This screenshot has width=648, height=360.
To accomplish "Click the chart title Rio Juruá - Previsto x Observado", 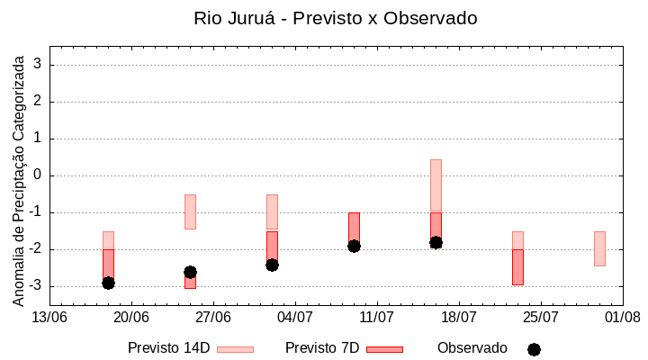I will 336,18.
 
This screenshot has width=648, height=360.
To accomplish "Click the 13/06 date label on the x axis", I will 50,317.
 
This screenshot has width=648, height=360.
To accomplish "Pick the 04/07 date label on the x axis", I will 295,317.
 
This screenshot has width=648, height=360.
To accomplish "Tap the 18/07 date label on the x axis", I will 459,317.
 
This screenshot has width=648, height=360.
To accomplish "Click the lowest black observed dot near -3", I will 108,283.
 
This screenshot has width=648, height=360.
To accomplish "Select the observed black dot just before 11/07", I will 354,246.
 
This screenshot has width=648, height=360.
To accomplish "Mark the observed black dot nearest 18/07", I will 436,242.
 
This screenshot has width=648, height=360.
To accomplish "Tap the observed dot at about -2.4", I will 272,265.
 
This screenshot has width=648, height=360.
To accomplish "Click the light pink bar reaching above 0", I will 436,184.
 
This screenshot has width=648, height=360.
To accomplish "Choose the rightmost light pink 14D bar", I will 599,248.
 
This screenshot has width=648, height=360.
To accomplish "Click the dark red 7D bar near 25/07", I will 517,267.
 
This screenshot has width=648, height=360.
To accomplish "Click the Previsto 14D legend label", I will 168,348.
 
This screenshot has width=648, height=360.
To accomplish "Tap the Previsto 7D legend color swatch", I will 384,349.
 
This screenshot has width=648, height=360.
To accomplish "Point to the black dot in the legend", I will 534,349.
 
